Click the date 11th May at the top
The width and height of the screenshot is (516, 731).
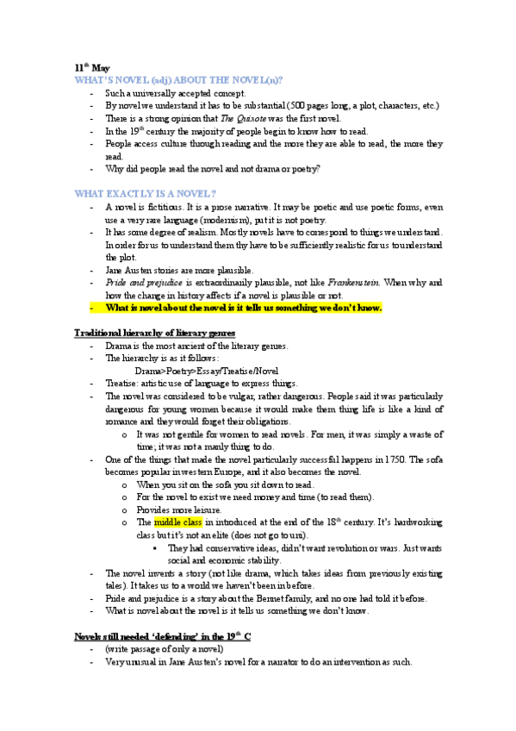pyautogui.click(x=91, y=66)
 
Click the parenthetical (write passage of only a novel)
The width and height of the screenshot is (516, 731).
pyautogui.click(x=165, y=649)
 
